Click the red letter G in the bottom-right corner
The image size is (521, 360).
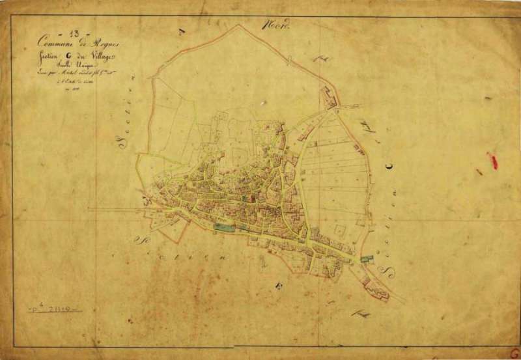[x=514, y=352]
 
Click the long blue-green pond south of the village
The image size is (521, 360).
[x=223, y=227]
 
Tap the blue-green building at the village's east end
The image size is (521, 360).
[x=367, y=259]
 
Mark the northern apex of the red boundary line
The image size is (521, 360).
[x=239, y=25]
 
